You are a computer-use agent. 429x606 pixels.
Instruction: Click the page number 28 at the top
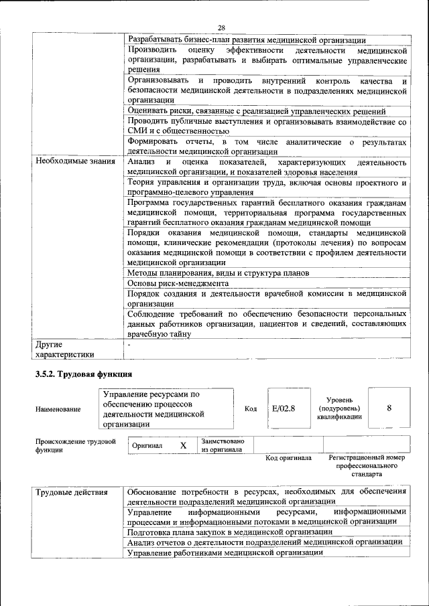coord(221,27)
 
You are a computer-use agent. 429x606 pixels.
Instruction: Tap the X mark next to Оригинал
coord(183,445)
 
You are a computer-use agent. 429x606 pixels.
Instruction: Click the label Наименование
coord(59,409)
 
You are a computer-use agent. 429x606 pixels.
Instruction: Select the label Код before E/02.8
coord(251,408)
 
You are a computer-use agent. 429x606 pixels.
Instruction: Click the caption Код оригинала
coord(288,458)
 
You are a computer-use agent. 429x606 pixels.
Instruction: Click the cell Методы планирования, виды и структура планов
coord(218,273)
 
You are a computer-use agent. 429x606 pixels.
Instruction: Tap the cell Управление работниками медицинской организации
coord(225,552)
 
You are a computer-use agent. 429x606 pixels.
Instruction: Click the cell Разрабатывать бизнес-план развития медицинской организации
coord(246,40)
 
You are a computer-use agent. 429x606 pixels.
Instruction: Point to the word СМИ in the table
coord(137,132)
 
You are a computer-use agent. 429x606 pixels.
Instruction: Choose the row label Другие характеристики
coord(64,349)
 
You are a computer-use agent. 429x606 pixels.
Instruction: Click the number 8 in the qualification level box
coord(389,408)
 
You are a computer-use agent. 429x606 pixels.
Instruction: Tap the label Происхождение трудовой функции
coord(76,446)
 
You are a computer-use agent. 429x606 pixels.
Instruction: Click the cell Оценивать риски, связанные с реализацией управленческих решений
coord(257,111)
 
